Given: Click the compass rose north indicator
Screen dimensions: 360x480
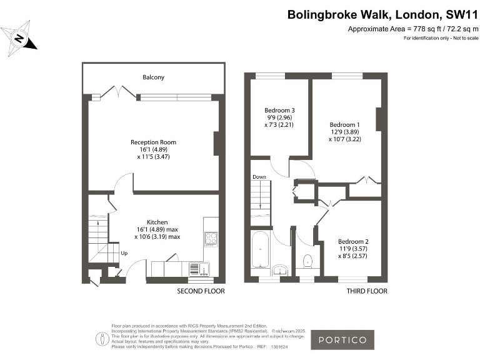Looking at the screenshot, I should point(20,38).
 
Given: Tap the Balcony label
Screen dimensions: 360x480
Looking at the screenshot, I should point(154,77).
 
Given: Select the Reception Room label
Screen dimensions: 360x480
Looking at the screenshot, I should point(153,142).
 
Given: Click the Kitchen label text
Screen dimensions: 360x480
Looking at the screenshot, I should point(157,222).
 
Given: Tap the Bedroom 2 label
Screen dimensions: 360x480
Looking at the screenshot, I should point(353,241).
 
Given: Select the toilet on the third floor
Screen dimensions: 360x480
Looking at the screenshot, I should point(307,260).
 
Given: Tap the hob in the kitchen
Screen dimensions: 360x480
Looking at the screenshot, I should point(210,238).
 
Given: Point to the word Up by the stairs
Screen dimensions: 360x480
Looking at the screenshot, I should point(124,254).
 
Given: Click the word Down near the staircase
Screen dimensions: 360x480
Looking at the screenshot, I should point(259,177).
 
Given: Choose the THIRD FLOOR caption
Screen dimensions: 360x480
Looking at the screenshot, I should point(367,291).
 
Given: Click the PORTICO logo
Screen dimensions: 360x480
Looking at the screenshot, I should point(342,341).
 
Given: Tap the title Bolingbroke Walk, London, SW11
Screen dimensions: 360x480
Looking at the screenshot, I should point(382,14).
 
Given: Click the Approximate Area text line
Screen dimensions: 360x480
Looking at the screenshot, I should point(412,29).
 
